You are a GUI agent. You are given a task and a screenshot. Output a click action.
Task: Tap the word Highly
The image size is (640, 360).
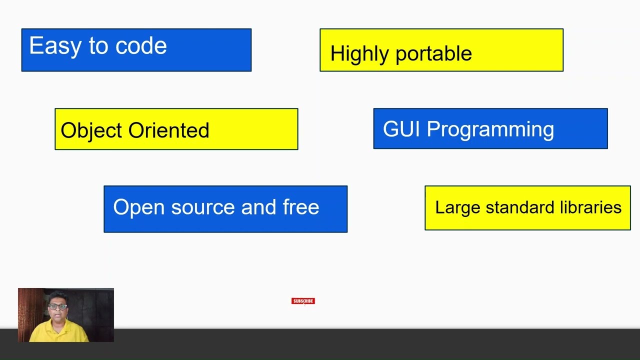pyautogui.click(x=356, y=53)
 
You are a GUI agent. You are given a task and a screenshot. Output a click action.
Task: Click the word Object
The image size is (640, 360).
pyautogui.click(x=91, y=130)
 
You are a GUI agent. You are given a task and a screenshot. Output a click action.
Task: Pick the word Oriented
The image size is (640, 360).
pyautogui.click(x=169, y=130)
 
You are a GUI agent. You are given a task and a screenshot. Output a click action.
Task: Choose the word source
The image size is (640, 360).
pyautogui.click(x=203, y=207)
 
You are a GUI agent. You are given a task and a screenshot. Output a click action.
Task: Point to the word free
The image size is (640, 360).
pyautogui.click(x=301, y=207)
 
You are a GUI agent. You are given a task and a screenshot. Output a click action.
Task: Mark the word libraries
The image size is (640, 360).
pyautogui.click(x=591, y=207)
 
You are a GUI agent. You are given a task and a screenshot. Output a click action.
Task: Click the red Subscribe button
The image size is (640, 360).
pyautogui.click(x=303, y=301)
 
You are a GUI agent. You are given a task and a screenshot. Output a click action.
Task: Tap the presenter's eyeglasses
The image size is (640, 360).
pyautogui.click(x=58, y=306)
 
